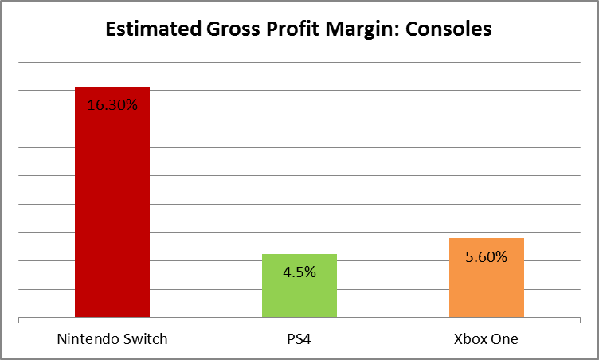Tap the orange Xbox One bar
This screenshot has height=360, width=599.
pyautogui.click(x=486, y=279)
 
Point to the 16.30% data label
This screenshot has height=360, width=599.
pyautogui.click(x=112, y=104)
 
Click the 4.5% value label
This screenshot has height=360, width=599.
pyautogui.click(x=299, y=272)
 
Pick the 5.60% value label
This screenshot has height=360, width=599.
pyautogui.click(x=486, y=256)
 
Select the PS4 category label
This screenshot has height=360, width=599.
pyautogui.click(x=299, y=338)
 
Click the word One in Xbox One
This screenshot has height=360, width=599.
pyautogui.click(x=504, y=338)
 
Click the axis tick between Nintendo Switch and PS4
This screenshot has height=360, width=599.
pyautogui.click(x=206, y=320)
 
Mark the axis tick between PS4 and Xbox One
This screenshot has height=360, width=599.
pyautogui.click(x=393, y=320)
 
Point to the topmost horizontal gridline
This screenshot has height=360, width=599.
pyautogui.click(x=299, y=62)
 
